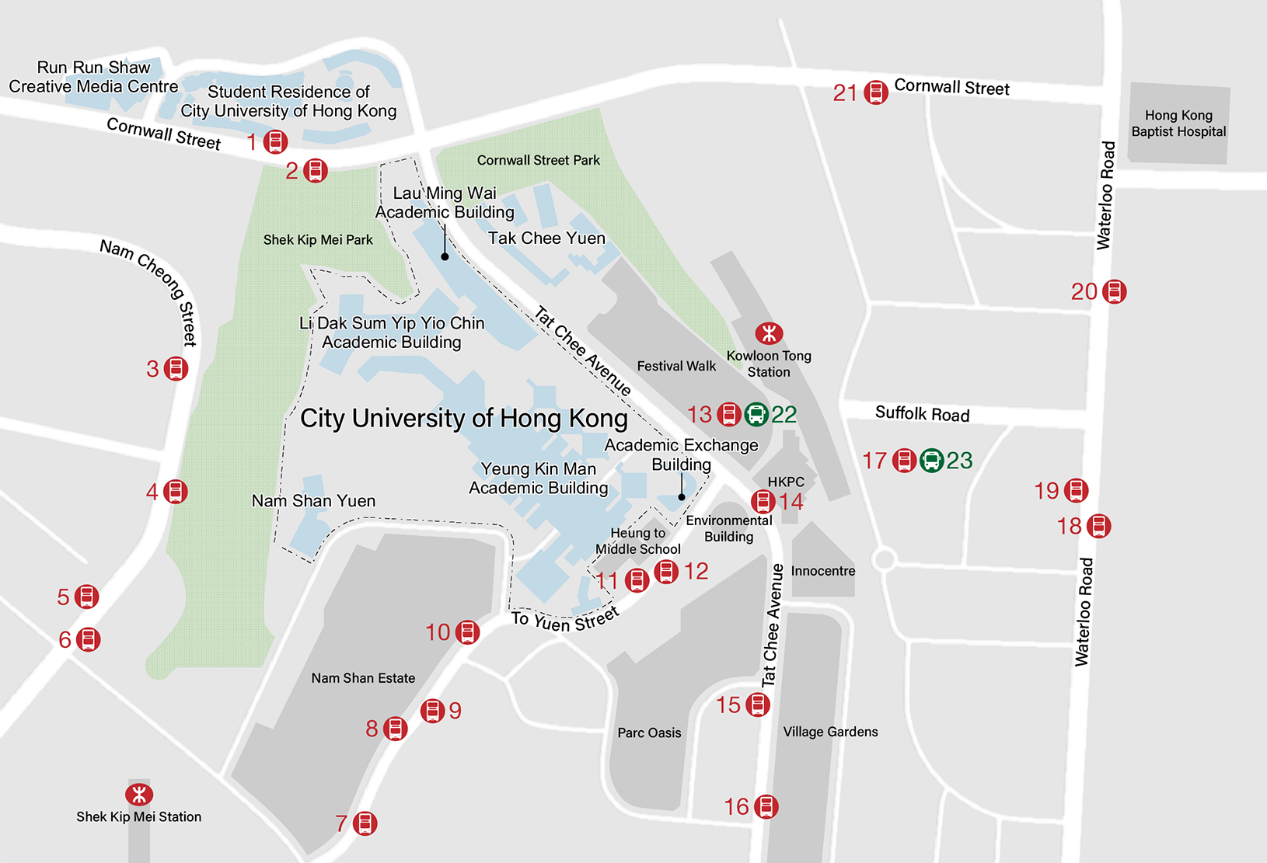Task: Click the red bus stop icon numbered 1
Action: (275, 141)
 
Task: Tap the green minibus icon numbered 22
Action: (756, 414)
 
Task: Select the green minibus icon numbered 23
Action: (931, 461)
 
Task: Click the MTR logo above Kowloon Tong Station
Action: (769, 333)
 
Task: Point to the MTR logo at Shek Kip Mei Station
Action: (139, 794)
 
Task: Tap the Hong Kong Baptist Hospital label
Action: (1178, 124)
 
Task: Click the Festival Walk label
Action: (676, 366)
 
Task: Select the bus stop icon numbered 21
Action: (876, 92)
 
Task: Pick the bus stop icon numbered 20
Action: (1114, 291)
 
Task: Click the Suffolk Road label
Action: (922, 413)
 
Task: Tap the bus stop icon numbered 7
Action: (365, 823)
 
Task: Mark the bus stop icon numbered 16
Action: (766, 806)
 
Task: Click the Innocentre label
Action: (822, 571)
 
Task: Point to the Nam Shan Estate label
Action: (363, 678)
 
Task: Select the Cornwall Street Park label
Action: (538, 160)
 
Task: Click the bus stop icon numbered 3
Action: (176, 368)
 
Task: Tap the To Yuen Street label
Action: (565, 619)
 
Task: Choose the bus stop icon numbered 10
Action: (467, 632)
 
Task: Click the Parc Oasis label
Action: (649, 733)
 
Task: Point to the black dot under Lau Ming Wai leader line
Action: (445, 256)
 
